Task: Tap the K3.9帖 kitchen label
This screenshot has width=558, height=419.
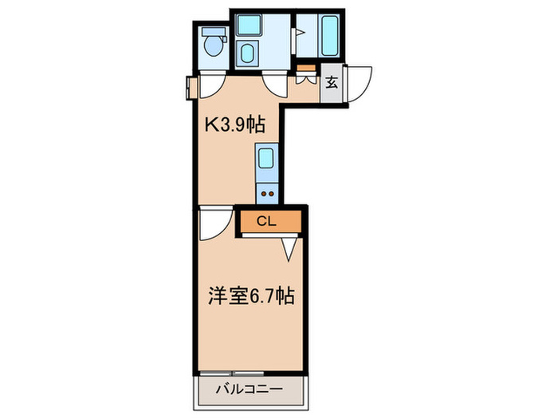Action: (235, 125)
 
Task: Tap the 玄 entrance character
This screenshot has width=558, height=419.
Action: (332, 81)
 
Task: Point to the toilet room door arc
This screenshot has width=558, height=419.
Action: (212, 85)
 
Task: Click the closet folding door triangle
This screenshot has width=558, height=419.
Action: (292, 250)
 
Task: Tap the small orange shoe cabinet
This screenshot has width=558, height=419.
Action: (304, 78)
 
